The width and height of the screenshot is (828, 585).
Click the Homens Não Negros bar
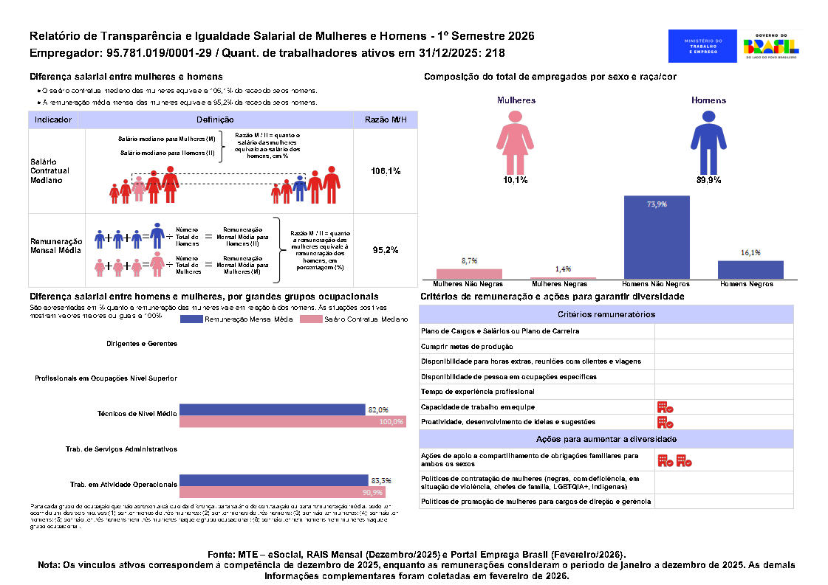pos(657,237)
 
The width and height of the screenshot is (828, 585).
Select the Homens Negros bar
pos(750,269)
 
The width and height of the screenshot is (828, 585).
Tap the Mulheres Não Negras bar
pos(469,274)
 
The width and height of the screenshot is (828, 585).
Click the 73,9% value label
pos(657,204)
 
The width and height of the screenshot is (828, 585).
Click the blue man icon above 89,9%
pos(708,142)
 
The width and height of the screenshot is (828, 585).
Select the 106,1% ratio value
pos(386,171)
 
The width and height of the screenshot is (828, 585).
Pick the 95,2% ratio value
pos(386,250)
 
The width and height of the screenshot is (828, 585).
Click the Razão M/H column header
pos(386,120)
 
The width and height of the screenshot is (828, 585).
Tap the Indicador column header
pos(53,120)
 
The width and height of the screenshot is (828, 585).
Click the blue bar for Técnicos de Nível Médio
pos(273,409)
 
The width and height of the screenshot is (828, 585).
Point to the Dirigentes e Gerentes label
pos(141,343)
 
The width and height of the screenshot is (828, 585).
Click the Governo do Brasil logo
pos(772,46)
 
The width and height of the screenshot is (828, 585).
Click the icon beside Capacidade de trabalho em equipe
pos(665,407)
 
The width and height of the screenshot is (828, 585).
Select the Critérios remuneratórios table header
pos(606,314)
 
